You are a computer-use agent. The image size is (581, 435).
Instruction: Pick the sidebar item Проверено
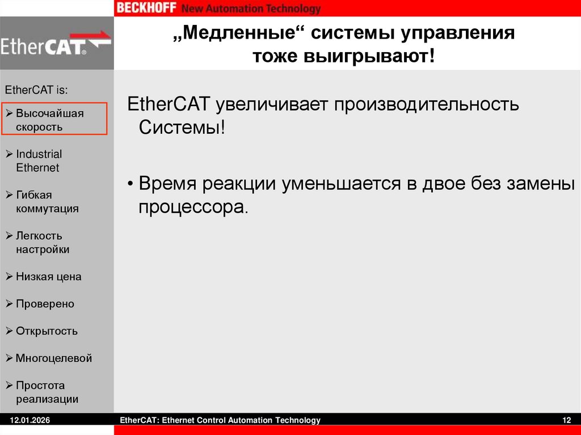tap(45, 304)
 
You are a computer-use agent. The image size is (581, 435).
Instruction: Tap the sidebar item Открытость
tap(47, 331)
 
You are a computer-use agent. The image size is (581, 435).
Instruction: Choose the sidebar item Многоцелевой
tap(53, 358)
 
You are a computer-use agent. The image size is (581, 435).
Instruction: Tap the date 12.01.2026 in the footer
tap(30, 420)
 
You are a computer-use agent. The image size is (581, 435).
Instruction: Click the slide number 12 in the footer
tap(566, 420)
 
